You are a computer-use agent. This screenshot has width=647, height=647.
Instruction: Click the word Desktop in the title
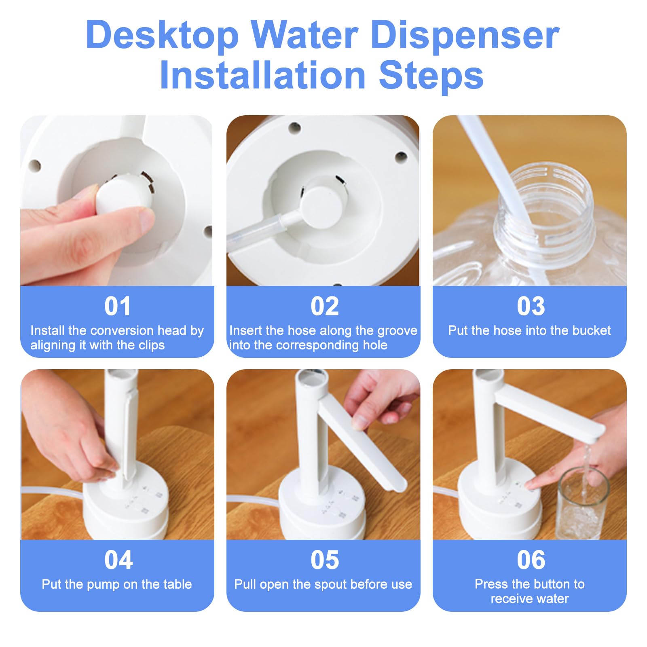click(x=163, y=36)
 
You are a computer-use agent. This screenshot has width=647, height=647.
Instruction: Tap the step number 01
click(x=118, y=306)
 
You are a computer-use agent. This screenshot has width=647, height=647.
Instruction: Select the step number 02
click(x=325, y=306)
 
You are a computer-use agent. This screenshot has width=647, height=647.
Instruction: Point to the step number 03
click(x=531, y=306)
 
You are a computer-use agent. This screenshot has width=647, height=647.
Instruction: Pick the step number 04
click(x=118, y=560)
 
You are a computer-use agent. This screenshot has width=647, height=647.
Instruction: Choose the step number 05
click(x=325, y=560)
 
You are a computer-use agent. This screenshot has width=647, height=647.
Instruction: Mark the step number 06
click(x=531, y=560)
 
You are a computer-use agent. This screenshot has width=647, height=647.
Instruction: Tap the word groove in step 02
click(x=397, y=331)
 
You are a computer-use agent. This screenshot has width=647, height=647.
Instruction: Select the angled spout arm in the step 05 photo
click(x=362, y=445)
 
